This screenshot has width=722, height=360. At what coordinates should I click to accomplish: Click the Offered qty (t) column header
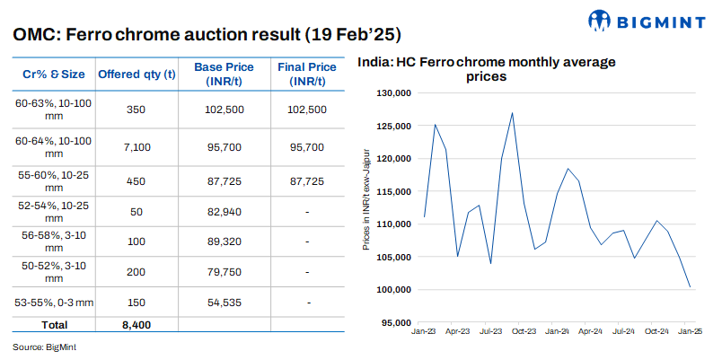[x=136, y=74]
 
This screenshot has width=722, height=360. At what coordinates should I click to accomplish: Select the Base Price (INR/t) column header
[x=230, y=74]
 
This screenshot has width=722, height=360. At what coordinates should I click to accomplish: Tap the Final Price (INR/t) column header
[x=307, y=74]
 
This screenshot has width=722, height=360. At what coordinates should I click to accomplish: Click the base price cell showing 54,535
[x=230, y=303]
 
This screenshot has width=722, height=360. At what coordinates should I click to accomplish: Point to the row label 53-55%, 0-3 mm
[x=54, y=303]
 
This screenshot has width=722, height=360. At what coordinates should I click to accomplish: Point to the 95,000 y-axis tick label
[x=395, y=322]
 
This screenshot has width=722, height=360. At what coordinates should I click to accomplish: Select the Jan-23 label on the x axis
[x=424, y=331]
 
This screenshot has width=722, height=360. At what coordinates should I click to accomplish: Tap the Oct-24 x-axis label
[x=658, y=331]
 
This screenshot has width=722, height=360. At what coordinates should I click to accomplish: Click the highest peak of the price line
[x=512, y=113]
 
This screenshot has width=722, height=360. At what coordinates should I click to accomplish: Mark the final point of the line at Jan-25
[x=690, y=287]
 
